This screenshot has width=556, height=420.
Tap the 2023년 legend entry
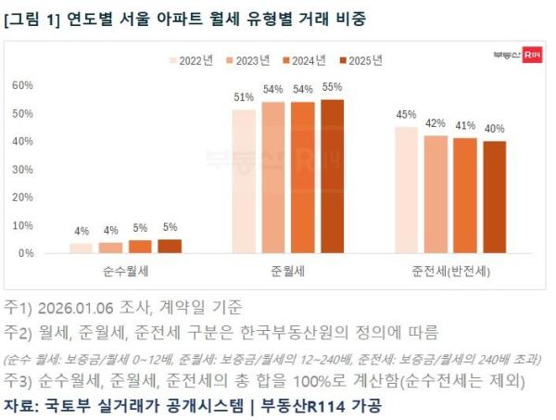[248, 60]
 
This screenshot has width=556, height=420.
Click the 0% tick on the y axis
[25, 252]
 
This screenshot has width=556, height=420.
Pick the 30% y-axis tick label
[22, 169]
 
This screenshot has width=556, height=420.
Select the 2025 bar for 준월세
[332, 176]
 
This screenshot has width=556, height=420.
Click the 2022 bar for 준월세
[244, 182]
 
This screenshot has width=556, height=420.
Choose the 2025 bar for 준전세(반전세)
[495, 197]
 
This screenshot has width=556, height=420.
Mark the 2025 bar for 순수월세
[170, 246]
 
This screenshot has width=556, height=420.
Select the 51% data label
[244, 98]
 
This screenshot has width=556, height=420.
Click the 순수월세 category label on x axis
[125, 272]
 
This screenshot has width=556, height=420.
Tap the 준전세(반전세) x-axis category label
[450, 272]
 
